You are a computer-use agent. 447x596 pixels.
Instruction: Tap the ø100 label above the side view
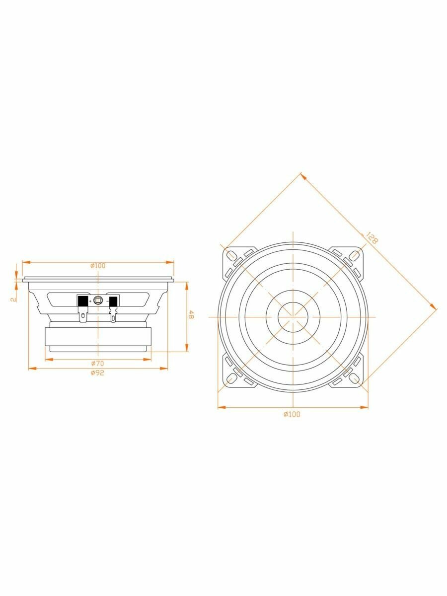98,266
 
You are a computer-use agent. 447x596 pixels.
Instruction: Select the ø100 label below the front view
292,414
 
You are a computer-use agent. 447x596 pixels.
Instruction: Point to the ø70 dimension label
98,363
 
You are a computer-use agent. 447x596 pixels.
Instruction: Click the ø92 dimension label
98,373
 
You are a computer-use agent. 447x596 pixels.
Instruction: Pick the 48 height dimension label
191,315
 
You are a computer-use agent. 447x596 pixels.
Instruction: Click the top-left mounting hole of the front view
231,255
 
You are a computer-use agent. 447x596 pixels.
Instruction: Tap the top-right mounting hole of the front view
355,255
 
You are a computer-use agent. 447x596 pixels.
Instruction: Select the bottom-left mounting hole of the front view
231,378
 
